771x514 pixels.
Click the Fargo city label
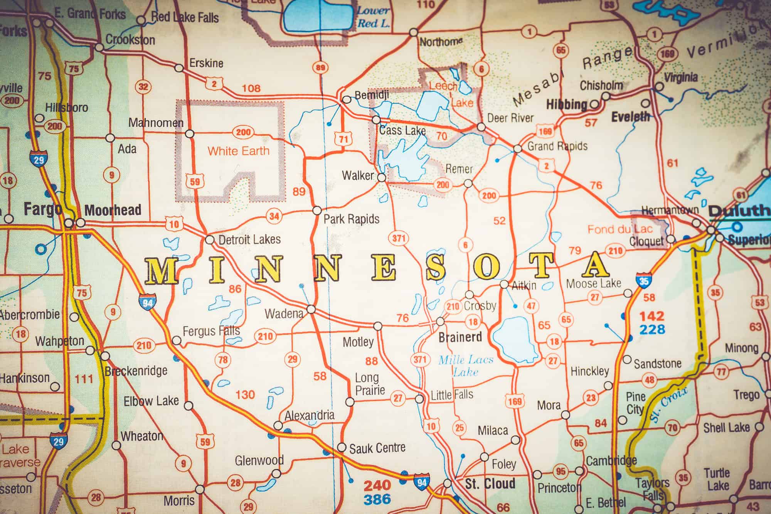tap(42, 209)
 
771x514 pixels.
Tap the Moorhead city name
tap(113, 211)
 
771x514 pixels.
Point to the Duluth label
tap(739, 211)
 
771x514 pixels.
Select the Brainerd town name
tap(460, 337)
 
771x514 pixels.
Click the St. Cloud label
tap(490, 484)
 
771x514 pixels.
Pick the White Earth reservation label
tap(238, 151)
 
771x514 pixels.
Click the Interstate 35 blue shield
tap(644, 280)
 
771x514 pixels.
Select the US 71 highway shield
tap(343, 139)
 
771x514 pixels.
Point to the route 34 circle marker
tap(274, 216)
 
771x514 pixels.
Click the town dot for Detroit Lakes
tap(209, 240)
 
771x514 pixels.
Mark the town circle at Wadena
tap(311, 309)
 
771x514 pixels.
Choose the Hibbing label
tap(566, 104)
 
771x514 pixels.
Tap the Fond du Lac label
tap(619, 229)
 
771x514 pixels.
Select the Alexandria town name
tap(310, 416)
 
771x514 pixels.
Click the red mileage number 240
tap(377, 485)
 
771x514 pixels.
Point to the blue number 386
tap(377, 499)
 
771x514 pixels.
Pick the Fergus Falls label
tap(211, 331)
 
